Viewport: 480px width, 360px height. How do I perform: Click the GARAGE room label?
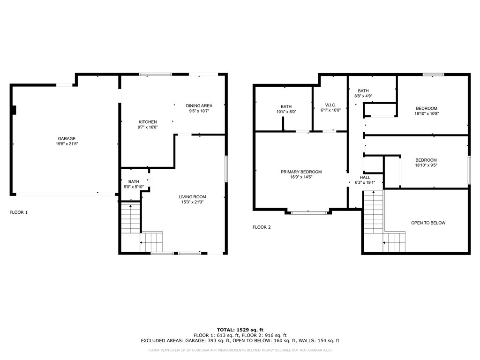point(67,139)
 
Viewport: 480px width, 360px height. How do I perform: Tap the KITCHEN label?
point(148,122)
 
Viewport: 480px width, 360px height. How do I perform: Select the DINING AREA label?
point(199,105)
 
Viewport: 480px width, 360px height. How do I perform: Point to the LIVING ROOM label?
point(192,197)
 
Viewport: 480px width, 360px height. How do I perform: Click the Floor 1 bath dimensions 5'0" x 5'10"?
point(134,187)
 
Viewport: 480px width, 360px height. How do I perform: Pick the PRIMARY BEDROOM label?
point(301,172)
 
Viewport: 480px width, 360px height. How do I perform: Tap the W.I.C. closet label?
point(330,105)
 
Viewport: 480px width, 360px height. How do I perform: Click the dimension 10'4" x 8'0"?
point(286,112)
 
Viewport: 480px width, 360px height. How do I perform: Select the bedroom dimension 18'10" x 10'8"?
point(427,113)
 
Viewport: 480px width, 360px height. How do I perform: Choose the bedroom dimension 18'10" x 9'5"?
point(426,165)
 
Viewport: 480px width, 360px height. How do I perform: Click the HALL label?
point(365,177)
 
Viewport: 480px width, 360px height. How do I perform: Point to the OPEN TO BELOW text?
point(428,223)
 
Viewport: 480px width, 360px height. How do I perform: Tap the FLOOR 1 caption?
point(19,212)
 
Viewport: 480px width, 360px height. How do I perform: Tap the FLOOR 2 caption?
point(262,227)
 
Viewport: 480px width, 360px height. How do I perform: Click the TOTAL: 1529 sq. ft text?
point(240,330)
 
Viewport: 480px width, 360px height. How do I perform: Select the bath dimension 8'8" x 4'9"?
point(363,96)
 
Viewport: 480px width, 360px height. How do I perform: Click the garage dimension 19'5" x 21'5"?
point(67,144)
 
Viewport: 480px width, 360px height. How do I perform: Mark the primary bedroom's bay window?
point(308,212)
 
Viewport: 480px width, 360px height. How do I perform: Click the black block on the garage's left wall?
point(14,110)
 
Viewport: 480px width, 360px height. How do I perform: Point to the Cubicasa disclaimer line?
point(240,350)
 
